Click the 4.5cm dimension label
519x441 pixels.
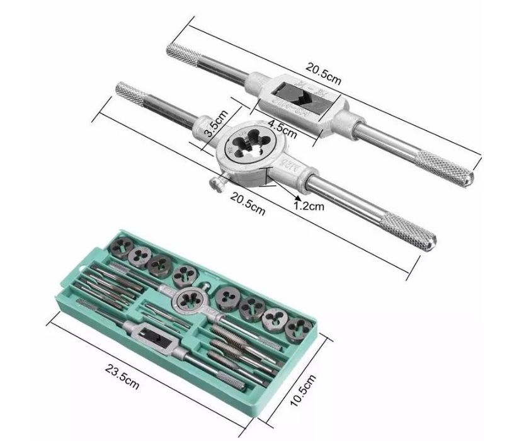click(282, 129)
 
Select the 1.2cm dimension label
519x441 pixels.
click(311, 205)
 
